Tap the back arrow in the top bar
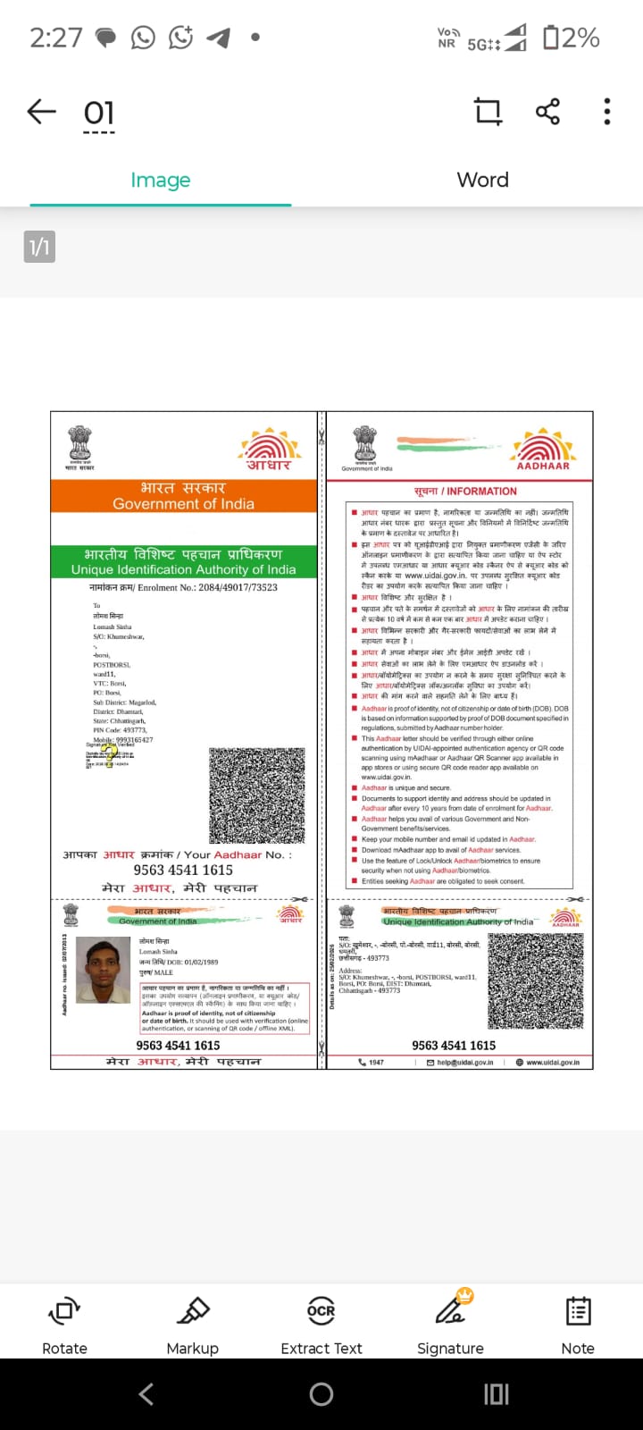41,112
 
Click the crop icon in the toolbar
488,112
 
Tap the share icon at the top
547,112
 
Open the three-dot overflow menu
607,112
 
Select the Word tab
482,180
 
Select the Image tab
161,180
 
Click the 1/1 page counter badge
39,247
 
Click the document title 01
99,114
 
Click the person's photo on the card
104,971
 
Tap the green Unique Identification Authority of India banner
184,561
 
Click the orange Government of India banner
184,496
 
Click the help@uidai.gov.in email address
465,1063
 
